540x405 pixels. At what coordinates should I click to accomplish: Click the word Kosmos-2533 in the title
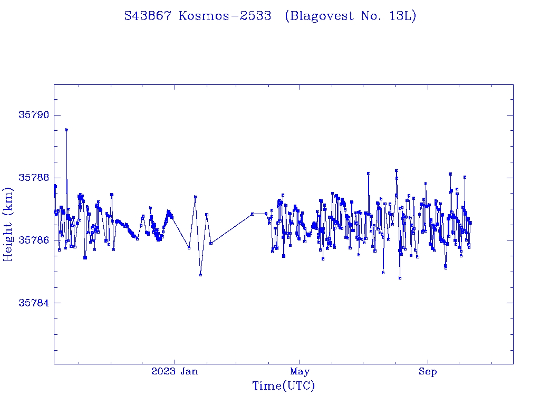coord(225,16)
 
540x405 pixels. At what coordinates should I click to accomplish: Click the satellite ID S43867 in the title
coord(148,16)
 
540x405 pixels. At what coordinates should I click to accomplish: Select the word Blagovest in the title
coord(320,16)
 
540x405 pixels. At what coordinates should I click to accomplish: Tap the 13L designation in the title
coord(402,16)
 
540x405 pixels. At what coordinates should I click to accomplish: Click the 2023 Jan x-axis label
coord(175,372)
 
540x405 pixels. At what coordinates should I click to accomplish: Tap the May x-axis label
coord(300,372)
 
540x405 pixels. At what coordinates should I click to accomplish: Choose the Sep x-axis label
coord(428,372)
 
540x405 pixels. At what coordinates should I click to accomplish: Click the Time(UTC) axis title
coord(283,386)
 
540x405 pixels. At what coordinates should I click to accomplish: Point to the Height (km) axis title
coord(8,224)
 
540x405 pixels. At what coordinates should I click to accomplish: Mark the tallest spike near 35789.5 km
coord(66,129)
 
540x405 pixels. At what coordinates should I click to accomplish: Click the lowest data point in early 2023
coord(200,275)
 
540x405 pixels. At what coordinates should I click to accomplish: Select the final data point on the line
coord(470,223)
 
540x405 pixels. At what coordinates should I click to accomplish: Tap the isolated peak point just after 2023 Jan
coord(195,197)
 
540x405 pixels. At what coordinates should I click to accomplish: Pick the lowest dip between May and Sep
coord(400,278)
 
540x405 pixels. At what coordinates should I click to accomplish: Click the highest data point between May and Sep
coord(396,170)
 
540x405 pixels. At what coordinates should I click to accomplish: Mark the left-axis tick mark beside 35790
coord(56,115)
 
